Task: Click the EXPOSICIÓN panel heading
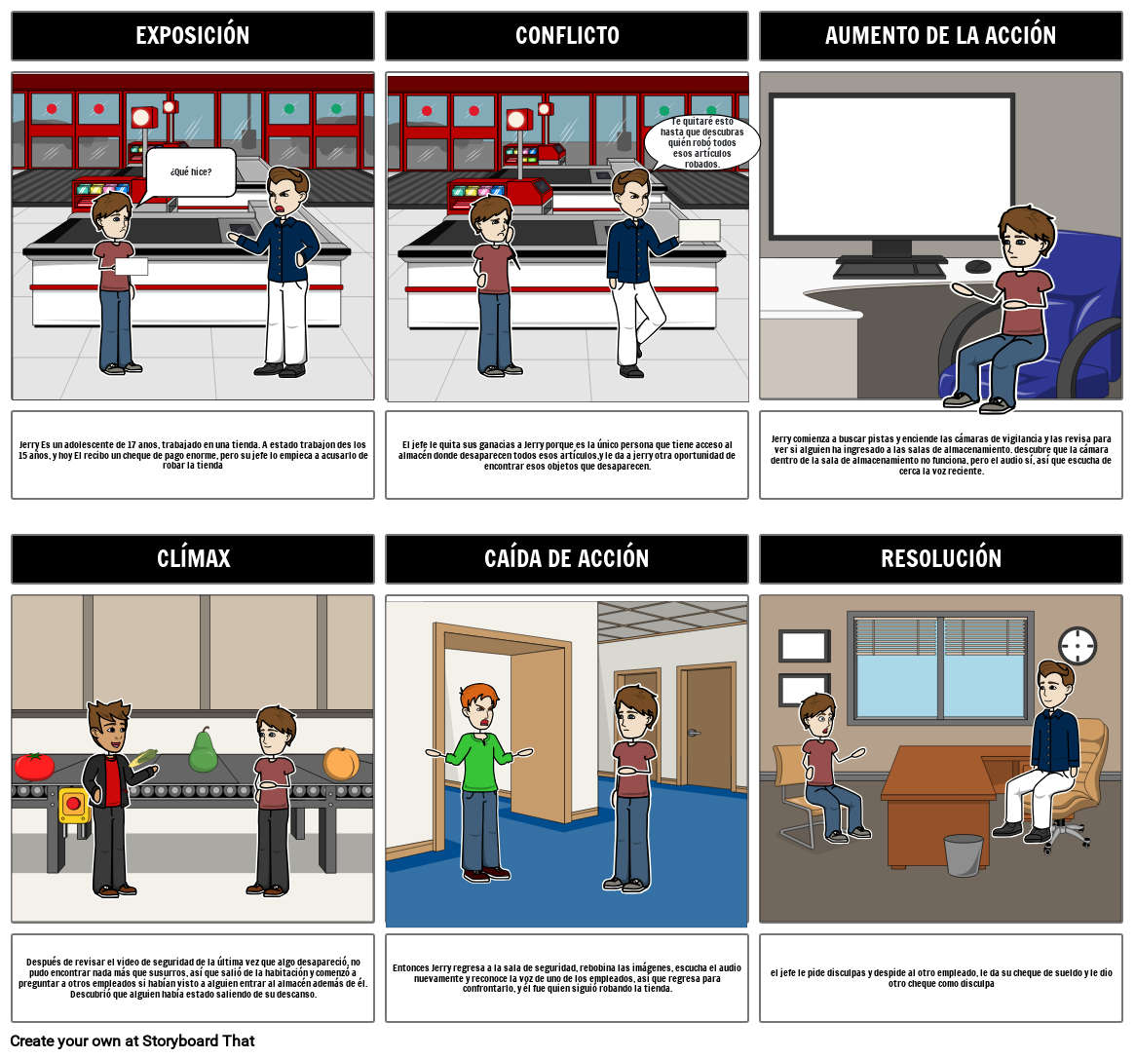click(x=193, y=35)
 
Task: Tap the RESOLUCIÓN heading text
click(x=941, y=559)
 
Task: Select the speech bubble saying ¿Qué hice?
click(x=191, y=172)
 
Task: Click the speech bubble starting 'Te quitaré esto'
click(x=701, y=142)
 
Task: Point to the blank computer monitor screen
click(x=891, y=168)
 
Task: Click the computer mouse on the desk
click(x=978, y=266)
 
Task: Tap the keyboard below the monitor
click(x=889, y=270)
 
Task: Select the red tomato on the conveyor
click(x=34, y=766)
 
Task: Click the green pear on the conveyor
click(x=204, y=750)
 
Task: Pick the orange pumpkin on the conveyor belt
click(x=341, y=763)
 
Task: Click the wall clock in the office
click(x=1078, y=645)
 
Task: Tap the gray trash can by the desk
click(x=964, y=854)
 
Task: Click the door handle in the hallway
click(x=694, y=734)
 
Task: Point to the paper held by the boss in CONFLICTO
click(x=700, y=230)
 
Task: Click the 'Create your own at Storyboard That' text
click(x=132, y=1040)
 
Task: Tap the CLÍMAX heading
click(x=193, y=558)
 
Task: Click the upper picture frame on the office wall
click(x=804, y=646)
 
